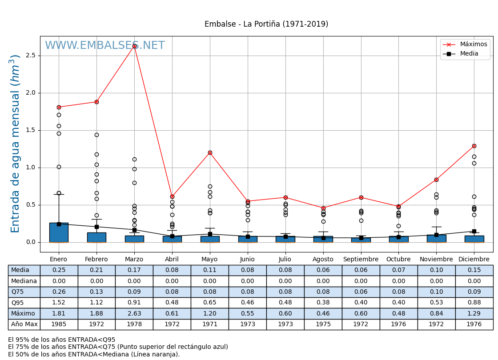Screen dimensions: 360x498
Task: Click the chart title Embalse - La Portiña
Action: tap(266, 24)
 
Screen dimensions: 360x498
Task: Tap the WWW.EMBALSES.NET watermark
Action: tap(104, 46)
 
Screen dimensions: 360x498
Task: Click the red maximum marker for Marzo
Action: tap(134, 46)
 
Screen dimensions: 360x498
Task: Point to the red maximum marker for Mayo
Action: tap(210, 152)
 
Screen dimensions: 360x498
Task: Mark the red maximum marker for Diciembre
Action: tap(474, 146)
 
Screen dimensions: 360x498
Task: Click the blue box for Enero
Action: tap(59, 232)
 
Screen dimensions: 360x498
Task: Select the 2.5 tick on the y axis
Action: tap(31, 56)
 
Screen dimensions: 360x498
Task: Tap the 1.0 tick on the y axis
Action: tap(31, 168)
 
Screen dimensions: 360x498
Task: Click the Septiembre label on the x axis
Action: tap(361, 260)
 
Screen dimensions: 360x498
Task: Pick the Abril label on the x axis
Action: tap(172, 260)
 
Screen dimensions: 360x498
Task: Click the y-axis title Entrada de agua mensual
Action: tap(16, 144)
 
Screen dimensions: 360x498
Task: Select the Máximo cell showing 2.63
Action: tap(134, 314)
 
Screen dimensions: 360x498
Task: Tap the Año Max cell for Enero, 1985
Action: tap(59, 324)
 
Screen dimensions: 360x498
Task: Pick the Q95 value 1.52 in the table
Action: tap(59, 303)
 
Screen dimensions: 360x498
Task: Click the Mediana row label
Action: tap(24, 281)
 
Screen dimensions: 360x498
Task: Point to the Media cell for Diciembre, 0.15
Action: tap(474, 270)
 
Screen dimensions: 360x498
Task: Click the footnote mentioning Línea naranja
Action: tap(94, 354)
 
